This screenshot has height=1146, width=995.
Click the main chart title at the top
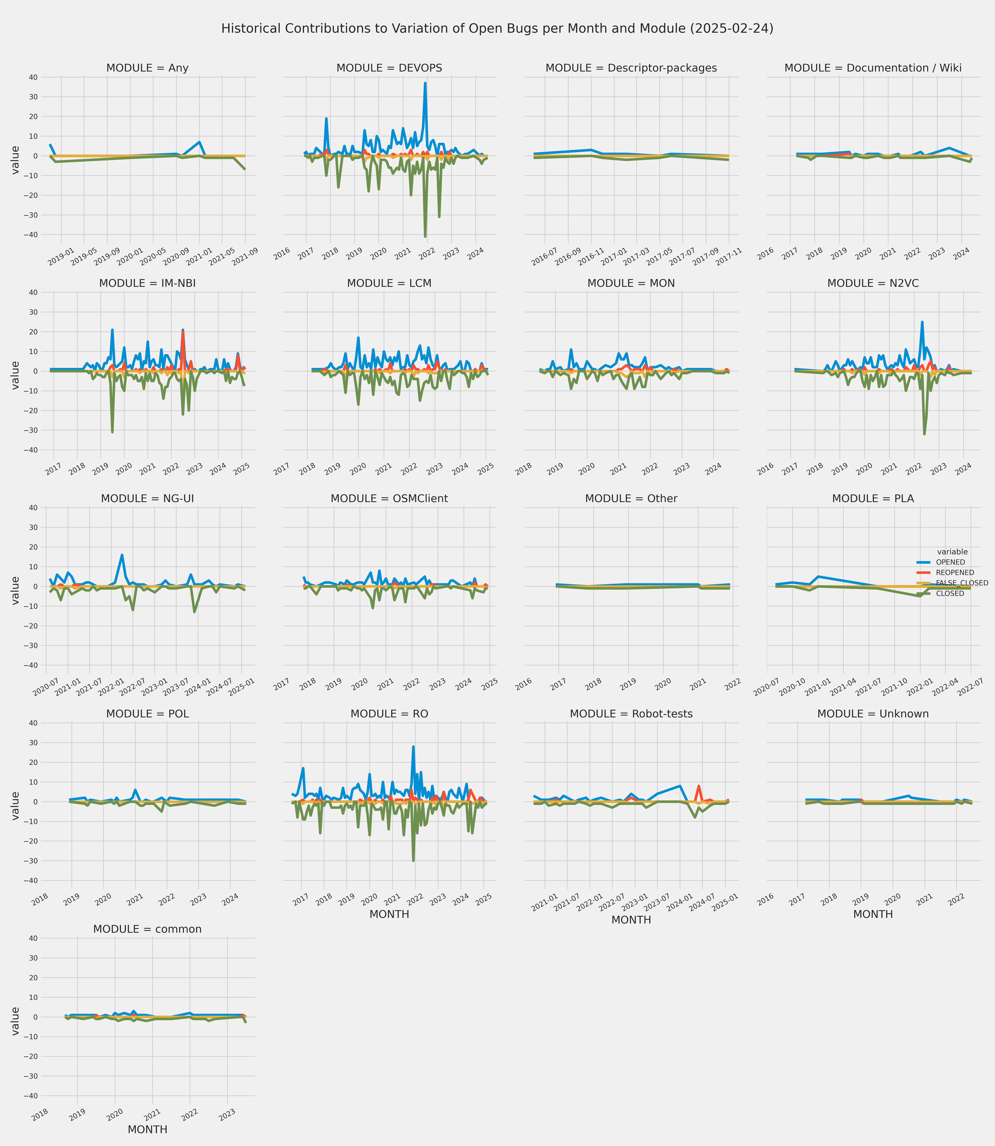click(497, 28)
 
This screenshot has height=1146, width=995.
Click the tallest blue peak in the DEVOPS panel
click(425, 83)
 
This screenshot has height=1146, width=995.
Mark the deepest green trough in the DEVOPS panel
click(425, 236)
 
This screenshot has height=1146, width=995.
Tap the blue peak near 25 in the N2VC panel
click(922, 322)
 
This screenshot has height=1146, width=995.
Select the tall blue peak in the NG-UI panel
click(122, 555)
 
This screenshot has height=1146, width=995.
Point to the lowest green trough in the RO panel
click(413, 860)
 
